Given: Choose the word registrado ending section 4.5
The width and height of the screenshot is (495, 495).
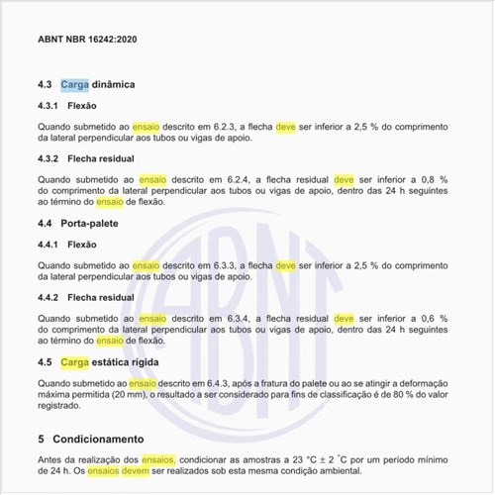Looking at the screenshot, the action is coord(62,406).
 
